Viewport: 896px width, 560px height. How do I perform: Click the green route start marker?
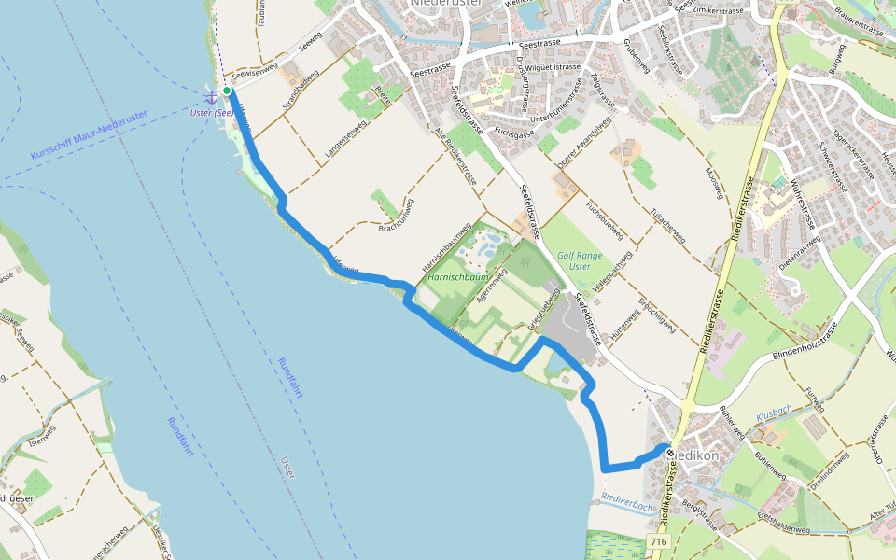[x=227, y=91]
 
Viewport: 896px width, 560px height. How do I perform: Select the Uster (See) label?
[x=211, y=113]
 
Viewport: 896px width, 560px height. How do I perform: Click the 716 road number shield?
[x=659, y=542]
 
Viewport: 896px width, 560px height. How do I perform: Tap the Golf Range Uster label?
[x=580, y=260]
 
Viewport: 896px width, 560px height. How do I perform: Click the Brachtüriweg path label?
[x=397, y=217]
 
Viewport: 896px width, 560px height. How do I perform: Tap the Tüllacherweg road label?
[x=668, y=225]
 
